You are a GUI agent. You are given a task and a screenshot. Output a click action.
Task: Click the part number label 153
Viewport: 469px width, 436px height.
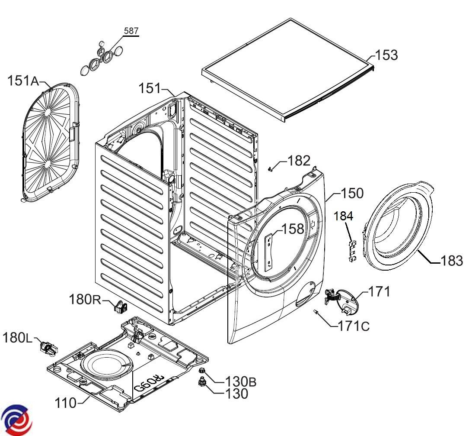point(386,55)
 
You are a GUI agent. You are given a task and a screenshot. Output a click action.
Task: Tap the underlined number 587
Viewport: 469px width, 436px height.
point(131,31)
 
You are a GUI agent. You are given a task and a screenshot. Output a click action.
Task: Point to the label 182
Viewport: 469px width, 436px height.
point(299,161)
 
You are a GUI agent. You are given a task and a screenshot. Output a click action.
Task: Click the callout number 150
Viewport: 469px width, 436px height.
point(352,193)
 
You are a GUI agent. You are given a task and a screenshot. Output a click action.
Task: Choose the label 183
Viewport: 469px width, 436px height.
point(451,261)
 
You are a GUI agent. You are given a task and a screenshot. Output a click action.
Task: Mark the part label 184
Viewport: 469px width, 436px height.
point(344,215)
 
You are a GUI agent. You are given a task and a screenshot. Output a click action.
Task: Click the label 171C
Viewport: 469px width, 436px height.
point(354,326)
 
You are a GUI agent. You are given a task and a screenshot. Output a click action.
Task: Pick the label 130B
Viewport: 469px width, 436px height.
point(240,381)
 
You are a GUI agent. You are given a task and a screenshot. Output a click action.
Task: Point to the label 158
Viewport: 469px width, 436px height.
point(293,229)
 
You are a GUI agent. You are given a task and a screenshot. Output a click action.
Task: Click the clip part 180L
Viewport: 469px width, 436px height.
point(47,347)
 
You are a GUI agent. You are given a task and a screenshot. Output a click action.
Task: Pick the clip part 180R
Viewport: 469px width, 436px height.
point(120,307)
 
